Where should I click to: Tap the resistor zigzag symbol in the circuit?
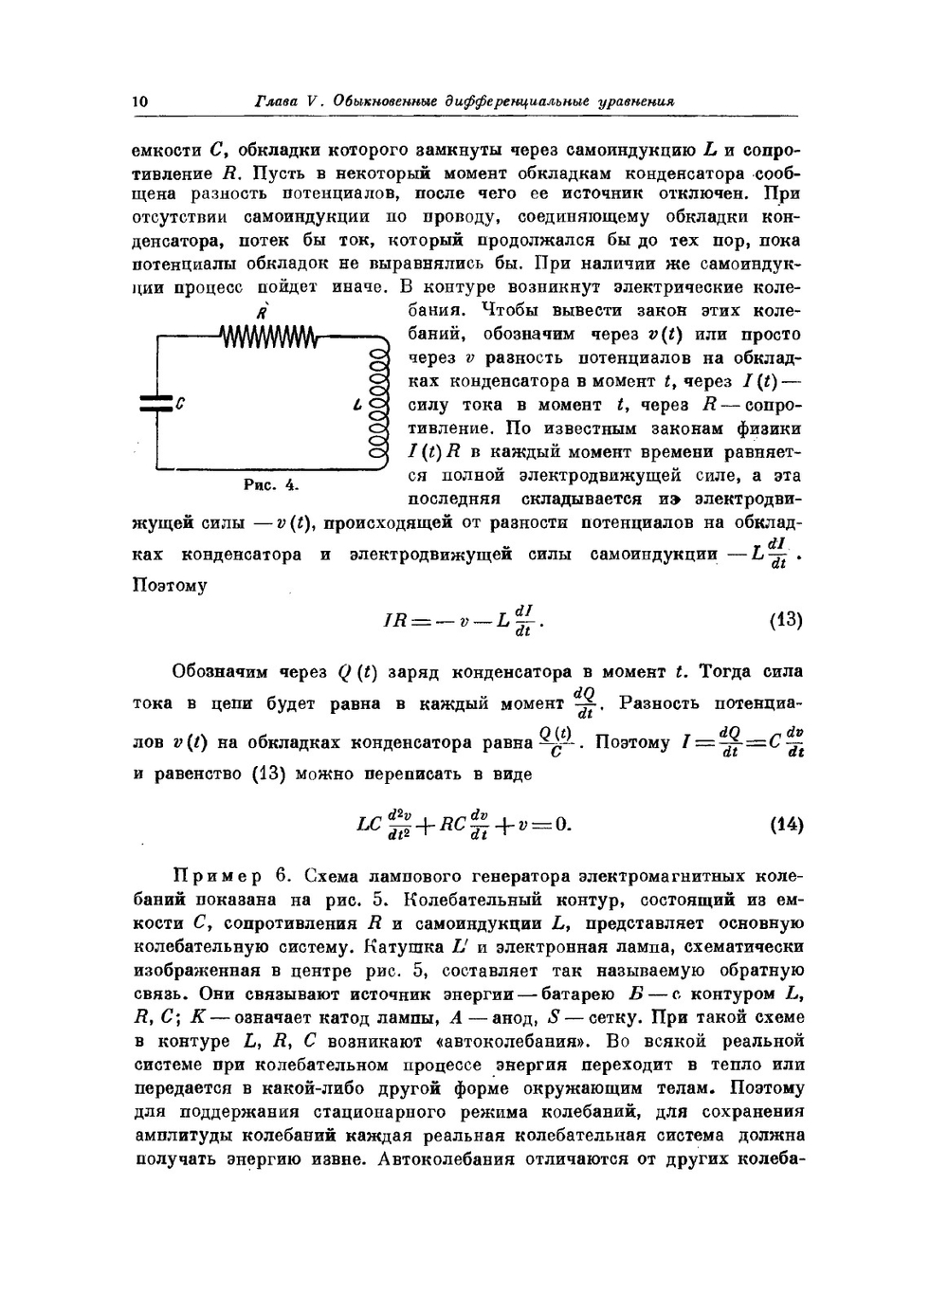(x=269, y=336)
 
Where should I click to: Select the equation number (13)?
(x=786, y=621)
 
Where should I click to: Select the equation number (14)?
(x=786, y=824)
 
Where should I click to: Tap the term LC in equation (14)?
(x=369, y=824)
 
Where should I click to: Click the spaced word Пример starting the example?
(x=217, y=875)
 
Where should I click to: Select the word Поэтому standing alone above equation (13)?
(x=168, y=586)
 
